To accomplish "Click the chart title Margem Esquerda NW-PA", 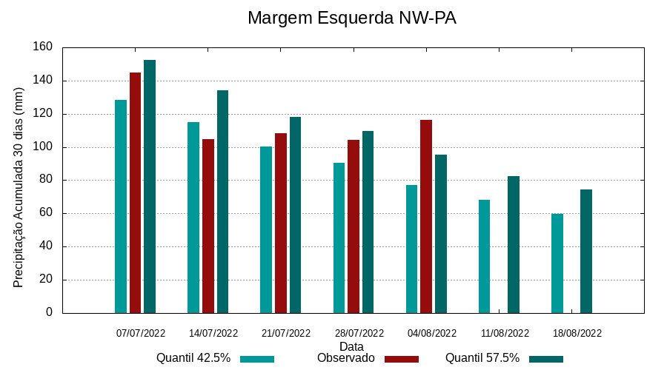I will pos(351,18).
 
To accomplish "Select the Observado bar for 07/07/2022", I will pos(135,192).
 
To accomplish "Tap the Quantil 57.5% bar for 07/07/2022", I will pos(150,186).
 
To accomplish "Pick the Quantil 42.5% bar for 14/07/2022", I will pos(193,218).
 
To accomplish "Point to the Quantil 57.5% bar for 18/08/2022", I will pos(586,252).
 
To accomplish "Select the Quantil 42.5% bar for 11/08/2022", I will pos(484,256).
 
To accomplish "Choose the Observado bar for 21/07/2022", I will pos(281,223).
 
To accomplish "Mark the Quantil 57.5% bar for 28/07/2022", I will pos(368,222).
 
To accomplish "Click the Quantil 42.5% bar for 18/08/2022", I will pos(557,263).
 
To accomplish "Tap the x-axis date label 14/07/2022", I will pos(213,333).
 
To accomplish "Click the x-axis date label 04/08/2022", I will pos(432,333).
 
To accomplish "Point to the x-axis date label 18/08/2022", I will pos(577,333).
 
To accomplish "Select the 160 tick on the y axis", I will pos(43,47).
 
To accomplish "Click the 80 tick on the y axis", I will pos(46,180).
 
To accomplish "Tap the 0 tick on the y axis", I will pos(49,312).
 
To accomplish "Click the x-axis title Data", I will pos(351,346).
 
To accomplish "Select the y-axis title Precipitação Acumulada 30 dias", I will pos(19,186).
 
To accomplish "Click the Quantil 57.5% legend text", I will pos(482,358).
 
